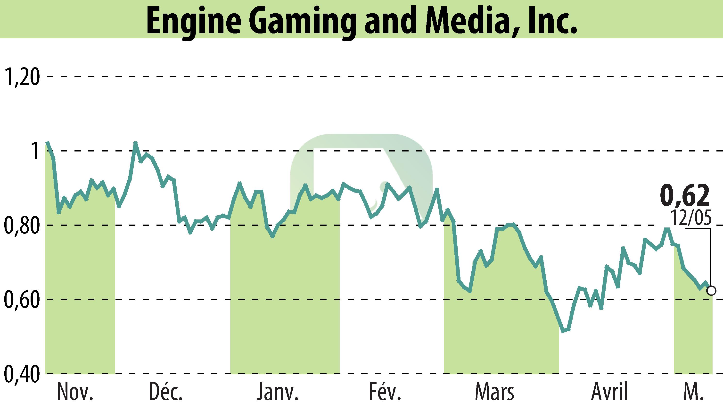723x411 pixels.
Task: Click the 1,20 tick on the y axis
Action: (21, 77)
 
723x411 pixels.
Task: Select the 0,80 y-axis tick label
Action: (21, 226)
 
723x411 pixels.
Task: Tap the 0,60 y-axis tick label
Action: (21, 300)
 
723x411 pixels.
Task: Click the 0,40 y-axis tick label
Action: (21, 374)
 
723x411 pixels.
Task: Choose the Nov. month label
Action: (75, 392)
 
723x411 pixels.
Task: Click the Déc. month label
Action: (166, 392)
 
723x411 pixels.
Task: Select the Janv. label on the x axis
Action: (278, 392)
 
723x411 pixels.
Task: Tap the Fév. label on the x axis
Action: (385, 392)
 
